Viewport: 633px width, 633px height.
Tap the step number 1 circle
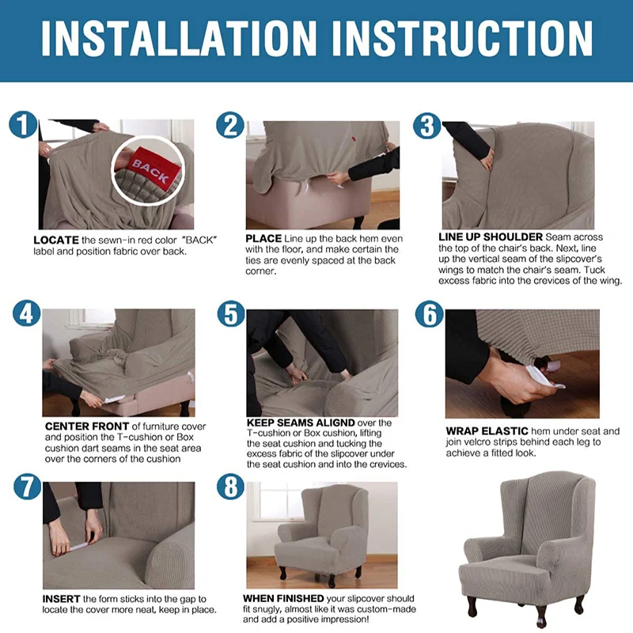click(x=23, y=124)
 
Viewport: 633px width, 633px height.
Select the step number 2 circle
click(x=230, y=125)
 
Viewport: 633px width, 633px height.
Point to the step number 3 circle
click(x=426, y=125)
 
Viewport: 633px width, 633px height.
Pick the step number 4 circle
click(x=27, y=313)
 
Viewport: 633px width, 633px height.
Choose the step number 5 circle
click(x=231, y=314)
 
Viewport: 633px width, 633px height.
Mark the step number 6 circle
click(x=429, y=314)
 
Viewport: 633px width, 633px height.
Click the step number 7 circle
click(x=27, y=487)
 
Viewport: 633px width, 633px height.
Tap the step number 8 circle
click(x=230, y=487)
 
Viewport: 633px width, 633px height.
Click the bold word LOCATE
click(x=56, y=241)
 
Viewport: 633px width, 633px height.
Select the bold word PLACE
click(x=263, y=239)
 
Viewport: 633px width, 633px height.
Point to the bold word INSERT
click(x=62, y=599)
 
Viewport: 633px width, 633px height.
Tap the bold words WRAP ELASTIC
click(x=487, y=431)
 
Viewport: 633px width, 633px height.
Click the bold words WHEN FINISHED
click(x=283, y=598)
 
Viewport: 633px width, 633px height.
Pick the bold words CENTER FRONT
click(x=87, y=426)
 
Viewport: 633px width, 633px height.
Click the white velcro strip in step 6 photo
click(x=546, y=374)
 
